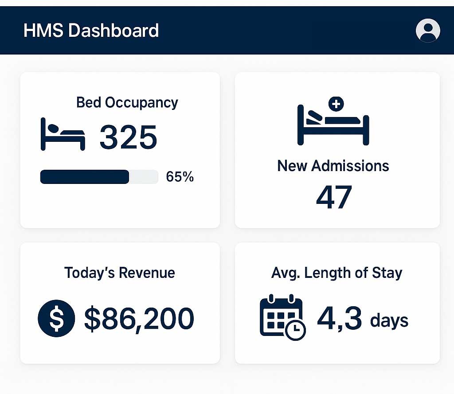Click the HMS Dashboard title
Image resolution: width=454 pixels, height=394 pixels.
coord(91,31)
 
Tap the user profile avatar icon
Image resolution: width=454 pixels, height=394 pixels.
coord(428,31)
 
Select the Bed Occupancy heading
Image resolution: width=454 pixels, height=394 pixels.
coord(127,102)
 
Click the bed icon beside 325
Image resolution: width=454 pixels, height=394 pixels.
coord(63,134)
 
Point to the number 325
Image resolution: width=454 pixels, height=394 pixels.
coord(128,137)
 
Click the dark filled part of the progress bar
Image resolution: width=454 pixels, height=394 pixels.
coord(84,177)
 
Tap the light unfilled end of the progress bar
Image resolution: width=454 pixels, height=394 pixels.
coord(144,177)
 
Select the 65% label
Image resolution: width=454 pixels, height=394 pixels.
coord(180,177)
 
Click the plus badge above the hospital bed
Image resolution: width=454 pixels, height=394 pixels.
coord(336,105)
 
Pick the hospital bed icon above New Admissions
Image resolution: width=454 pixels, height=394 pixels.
coord(333,125)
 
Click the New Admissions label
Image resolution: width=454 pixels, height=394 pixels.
coord(333,166)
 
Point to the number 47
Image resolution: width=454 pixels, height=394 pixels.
coord(334,197)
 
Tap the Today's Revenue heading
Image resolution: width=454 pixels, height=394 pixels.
coord(120,272)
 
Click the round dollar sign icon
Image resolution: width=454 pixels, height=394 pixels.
coord(56,319)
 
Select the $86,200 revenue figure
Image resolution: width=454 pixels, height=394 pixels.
coord(139,319)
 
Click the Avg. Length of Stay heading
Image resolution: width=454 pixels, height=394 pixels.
coord(337,272)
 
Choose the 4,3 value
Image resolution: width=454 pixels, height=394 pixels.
coord(339,319)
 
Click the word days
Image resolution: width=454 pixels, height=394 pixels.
coord(389,320)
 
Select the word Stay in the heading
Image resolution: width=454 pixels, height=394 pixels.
coord(387,272)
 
